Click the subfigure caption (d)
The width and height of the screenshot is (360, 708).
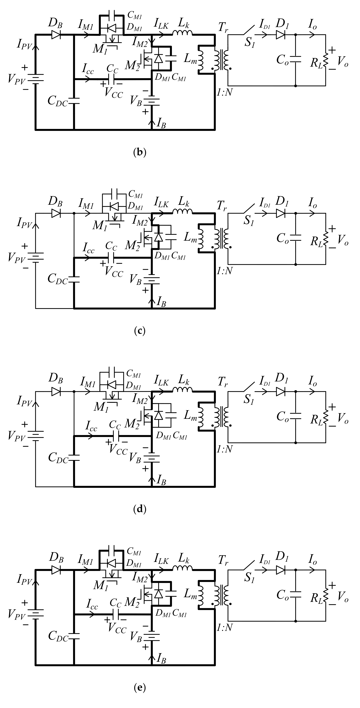(139, 509)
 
